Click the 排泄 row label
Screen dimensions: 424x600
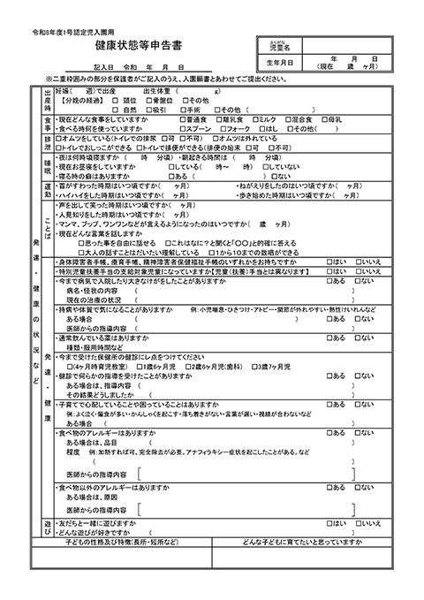point(49,141)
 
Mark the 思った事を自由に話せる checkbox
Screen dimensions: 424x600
point(81,241)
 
